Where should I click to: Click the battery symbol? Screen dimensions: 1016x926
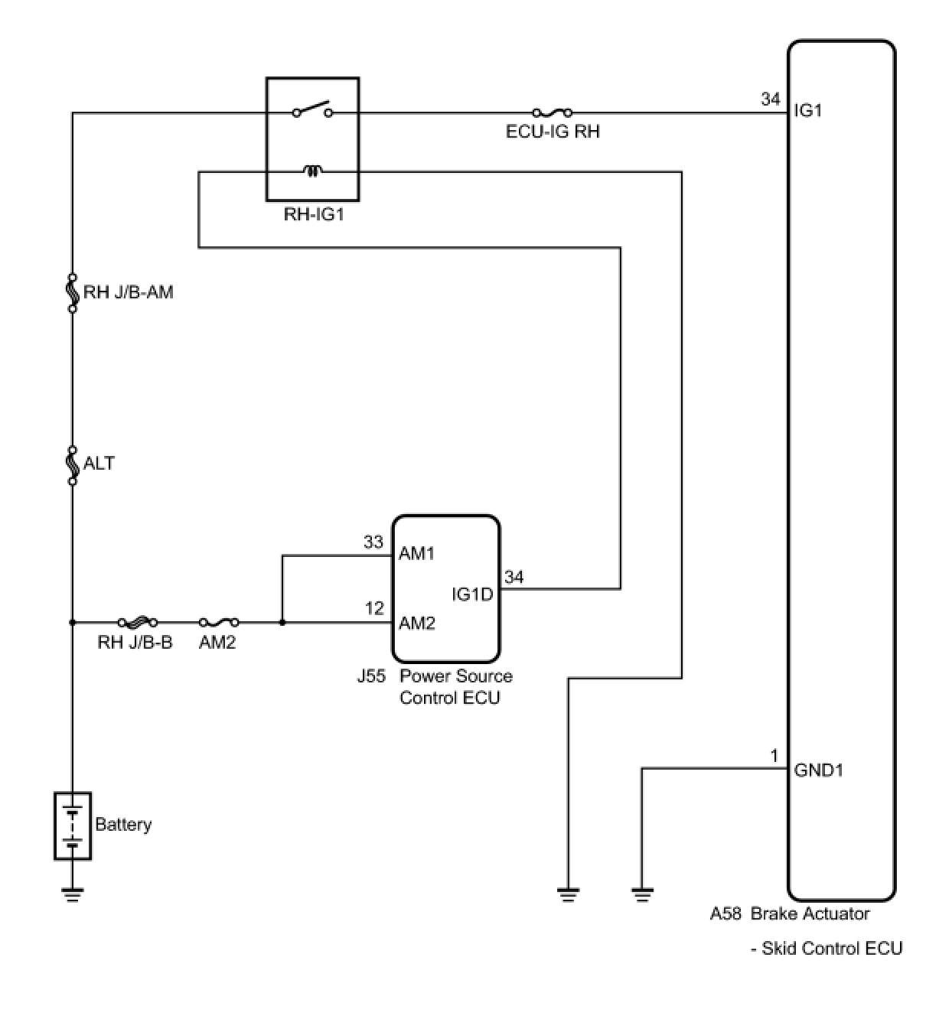pos(73,825)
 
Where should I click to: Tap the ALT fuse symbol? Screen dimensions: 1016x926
pos(73,464)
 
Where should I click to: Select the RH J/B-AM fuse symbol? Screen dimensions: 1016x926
pos(73,292)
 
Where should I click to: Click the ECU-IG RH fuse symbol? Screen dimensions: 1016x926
pos(553,112)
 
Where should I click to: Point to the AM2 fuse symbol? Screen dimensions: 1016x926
pos(219,623)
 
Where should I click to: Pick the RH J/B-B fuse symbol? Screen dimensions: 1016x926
pos(138,623)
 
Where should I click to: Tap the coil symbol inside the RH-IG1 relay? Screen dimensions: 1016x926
pos(313,171)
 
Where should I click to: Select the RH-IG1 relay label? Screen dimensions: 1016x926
pos(314,214)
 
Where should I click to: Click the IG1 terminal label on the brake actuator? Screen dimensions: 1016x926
pos(808,110)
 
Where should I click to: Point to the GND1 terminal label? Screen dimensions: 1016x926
pos(819,770)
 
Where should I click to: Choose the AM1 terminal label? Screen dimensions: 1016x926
pos(417,553)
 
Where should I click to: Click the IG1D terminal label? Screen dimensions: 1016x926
pos(472,594)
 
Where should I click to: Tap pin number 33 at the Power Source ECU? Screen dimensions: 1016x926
pos(373,542)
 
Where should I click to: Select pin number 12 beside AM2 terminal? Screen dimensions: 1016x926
pos(374,608)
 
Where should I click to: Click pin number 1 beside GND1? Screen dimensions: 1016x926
pos(774,756)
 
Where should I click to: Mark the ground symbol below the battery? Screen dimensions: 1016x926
pos(73,894)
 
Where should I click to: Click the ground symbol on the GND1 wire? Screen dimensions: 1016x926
pos(642,892)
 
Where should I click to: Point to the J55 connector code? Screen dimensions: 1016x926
pos(371,676)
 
